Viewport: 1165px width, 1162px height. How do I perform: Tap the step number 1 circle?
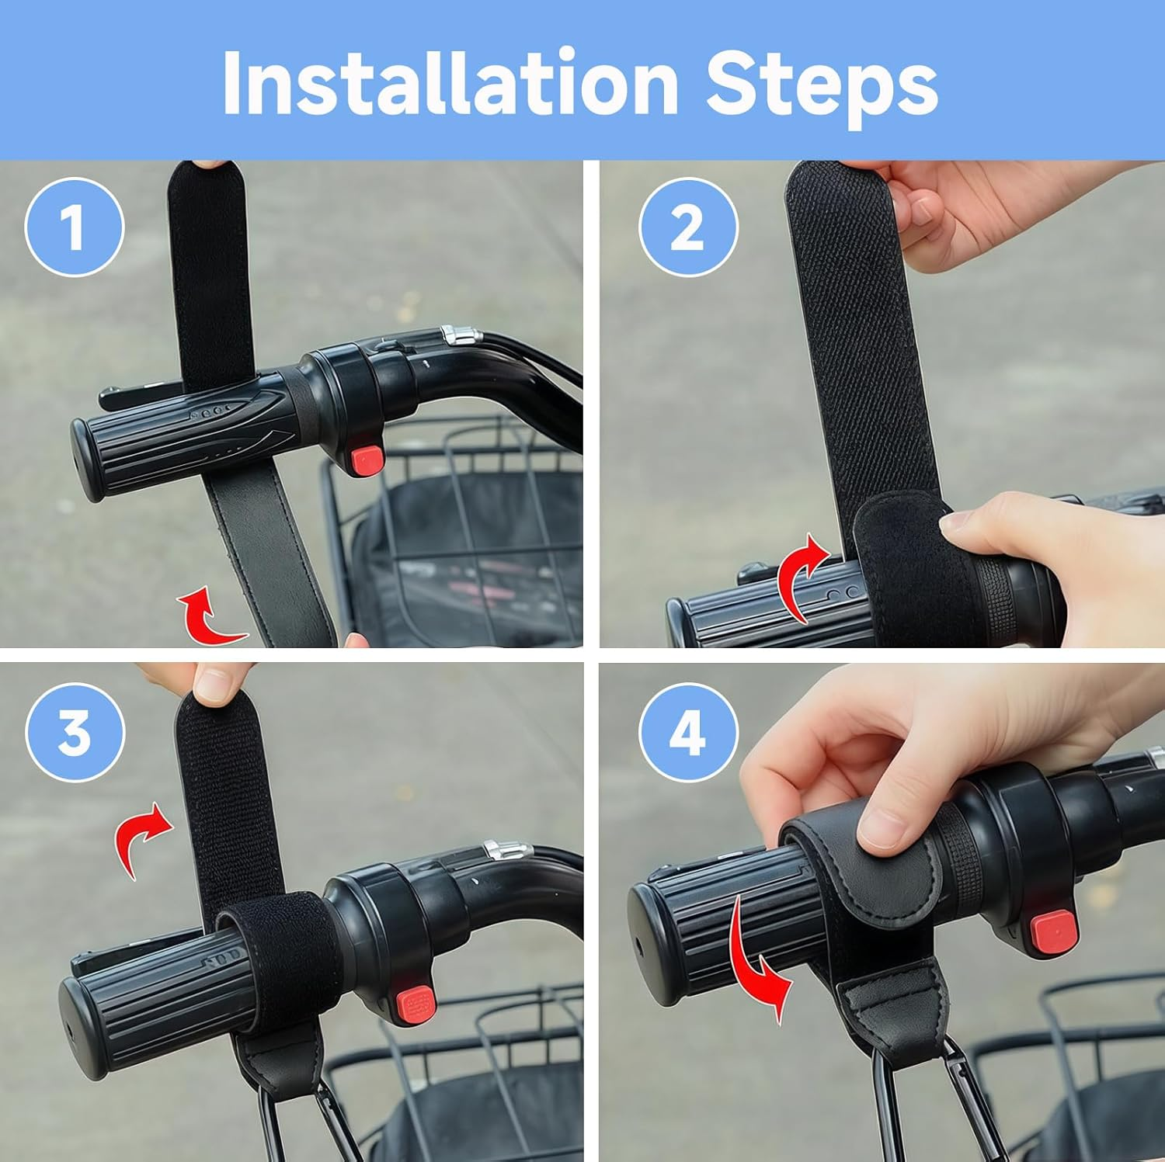pyautogui.click(x=75, y=227)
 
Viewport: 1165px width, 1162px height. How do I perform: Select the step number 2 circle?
pyautogui.click(x=688, y=227)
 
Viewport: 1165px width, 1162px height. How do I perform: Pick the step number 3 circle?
pyautogui.click(x=75, y=732)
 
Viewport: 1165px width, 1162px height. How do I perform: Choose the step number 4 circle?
pyautogui.click(x=688, y=732)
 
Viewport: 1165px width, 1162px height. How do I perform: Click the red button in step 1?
pyautogui.click(x=365, y=459)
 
